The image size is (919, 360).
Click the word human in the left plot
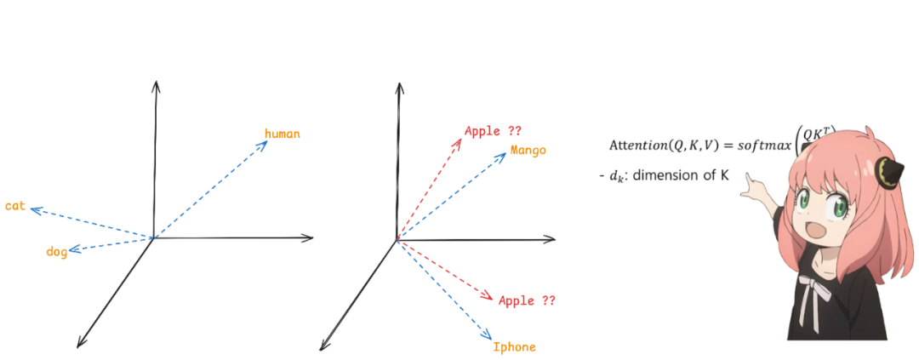click(x=282, y=134)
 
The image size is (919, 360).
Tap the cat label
click(x=15, y=207)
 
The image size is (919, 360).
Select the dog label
click(x=57, y=252)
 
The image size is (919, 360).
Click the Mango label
click(x=528, y=151)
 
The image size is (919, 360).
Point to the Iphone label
click(x=514, y=346)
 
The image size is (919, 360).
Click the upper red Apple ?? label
click(x=493, y=131)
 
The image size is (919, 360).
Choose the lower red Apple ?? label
click(x=527, y=300)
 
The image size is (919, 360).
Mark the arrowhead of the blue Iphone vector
click(x=488, y=334)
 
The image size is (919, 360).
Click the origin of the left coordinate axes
click(x=153, y=237)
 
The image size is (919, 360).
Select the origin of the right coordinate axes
click(x=397, y=240)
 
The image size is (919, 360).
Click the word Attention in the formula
click(x=640, y=146)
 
